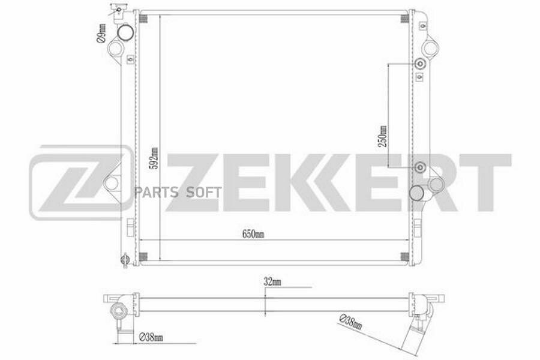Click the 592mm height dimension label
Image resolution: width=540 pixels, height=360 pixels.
point(155,158)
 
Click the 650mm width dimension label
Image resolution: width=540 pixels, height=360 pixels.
point(253,234)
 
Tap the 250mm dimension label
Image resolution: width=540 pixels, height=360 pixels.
point(383,136)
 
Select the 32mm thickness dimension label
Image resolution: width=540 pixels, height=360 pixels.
point(272,282)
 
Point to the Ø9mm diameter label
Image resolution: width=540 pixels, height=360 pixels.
point(101,34)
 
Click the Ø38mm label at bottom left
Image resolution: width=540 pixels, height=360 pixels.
point(151,337)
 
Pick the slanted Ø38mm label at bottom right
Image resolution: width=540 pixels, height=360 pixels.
point(351,322)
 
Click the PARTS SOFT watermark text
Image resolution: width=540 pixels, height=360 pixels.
point(178,192)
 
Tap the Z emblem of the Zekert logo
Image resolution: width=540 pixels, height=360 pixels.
point(80,182)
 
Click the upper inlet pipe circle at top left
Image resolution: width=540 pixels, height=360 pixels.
point(125,33)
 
